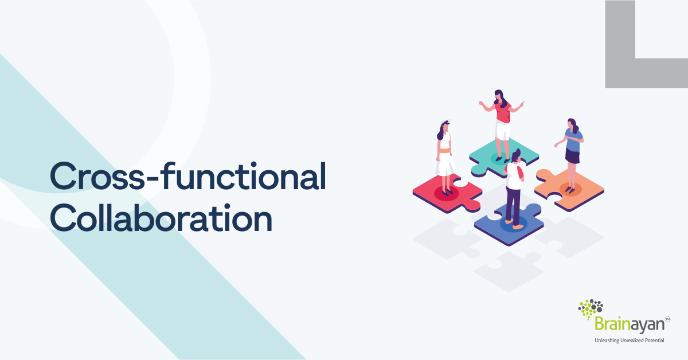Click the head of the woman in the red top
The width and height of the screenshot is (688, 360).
[x=499, y=96]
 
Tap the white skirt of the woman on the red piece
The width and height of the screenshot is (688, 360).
[x=445, y=163]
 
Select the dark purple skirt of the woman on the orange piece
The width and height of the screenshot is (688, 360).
[x=572, y=155]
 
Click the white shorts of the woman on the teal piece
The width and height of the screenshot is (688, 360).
[x=502, y=131]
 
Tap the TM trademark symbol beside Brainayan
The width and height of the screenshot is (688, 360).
[x=667, y=319]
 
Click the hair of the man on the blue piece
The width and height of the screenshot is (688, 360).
[x=517, y=154]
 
